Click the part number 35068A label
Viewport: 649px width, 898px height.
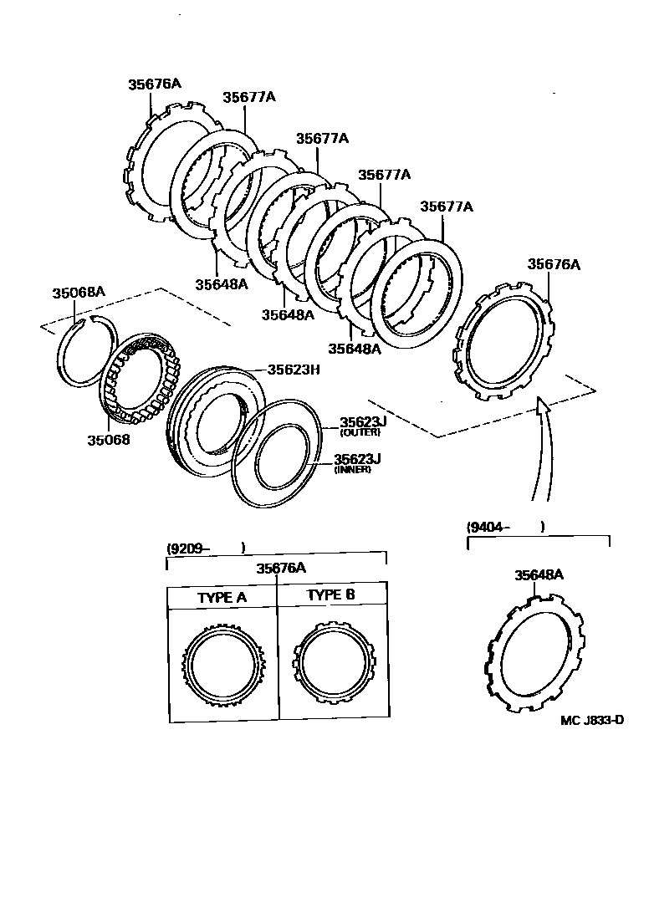pyautogui.click(x=79, y=293)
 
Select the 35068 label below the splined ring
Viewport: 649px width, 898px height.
pyautogui.click(x=109, y=439)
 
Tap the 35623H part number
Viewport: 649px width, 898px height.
pyautogui.click(x=294, y=370)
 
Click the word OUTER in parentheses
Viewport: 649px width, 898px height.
pyautogui.click(x=360, y=432)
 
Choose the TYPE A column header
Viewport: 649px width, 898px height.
pyautogui.click(x=222, y=598)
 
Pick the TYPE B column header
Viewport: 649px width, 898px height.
pyautogui.click(x=331, y=595)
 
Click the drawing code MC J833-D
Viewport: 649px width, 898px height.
pyautogui.click(x=592, y=719)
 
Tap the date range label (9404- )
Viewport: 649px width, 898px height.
pyautogui.click(x=505, y=527)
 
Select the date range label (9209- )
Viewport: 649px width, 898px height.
pyautogui.click(x=205, y=548)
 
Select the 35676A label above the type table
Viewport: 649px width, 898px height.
pyautogui.click(x=281, y=569)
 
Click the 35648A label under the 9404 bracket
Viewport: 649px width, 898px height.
pyautogui.click(x=539, y=574)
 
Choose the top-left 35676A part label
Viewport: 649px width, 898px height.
pyautogui.click(x=155, y=84)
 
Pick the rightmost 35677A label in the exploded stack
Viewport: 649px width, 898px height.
pyautogui.click(x=447, y=207)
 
